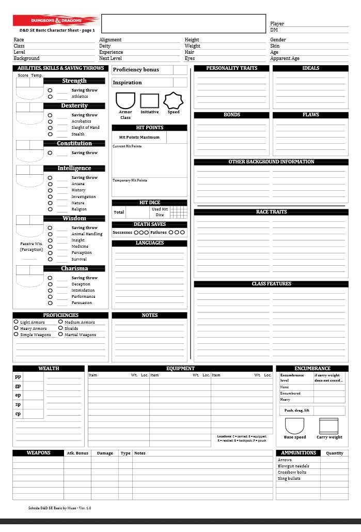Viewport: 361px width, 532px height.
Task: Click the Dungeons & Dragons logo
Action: [x=56, y=21]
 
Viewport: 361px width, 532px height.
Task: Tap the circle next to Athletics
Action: [x=50, y=97]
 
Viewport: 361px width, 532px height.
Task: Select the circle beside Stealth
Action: [x=50, y=134]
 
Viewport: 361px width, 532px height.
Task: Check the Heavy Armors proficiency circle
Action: [x=16, y=328]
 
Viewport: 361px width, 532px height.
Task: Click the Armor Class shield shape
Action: [x=125, y=100]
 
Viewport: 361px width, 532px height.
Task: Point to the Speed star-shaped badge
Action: [x=174, y=100]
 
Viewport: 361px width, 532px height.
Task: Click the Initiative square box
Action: [x=150, y=100]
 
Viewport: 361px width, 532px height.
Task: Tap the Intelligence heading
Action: [x=74, y=168]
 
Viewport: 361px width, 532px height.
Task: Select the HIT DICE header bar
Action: [x=150, y=203]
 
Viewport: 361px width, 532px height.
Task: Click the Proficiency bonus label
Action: [x=136, y=70]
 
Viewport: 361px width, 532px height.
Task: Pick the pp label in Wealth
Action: [x=18, y=377]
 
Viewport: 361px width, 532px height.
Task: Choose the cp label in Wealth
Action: [x=18, y=414]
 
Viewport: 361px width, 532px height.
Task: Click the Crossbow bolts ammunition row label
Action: [x=292, y=472]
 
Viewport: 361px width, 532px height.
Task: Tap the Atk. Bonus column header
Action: [x=77, y=453]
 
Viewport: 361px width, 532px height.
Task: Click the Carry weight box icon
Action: [x=329, y=426]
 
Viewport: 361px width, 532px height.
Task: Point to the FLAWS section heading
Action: [x=310, y=115]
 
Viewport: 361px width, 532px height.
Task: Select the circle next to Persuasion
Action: [x=50, y=303]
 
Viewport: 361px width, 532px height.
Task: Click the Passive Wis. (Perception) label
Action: [x=31, y=247]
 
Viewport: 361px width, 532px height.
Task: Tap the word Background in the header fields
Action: [x=26, y=59]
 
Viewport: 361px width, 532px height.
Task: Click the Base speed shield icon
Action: [x=295, y=426]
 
